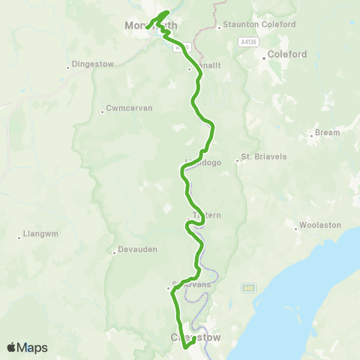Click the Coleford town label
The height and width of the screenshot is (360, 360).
coord(288,54)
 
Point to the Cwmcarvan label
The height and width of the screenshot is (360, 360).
coord(129,108)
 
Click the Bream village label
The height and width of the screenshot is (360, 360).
coord(327,132)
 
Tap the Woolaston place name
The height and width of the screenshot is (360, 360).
coord(319,225)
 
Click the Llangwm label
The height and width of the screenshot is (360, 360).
coord(40,233)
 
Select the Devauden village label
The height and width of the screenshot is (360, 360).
coord(137,250)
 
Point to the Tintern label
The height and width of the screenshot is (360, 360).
coord(206,216)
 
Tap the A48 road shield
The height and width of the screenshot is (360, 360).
coord(247,287)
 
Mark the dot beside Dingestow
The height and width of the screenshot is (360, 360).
coord(68,67)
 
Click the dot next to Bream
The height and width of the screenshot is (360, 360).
coord(311,136)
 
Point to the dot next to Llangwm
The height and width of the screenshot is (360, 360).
coord(19,237)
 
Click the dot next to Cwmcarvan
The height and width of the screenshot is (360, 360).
coord(102,112)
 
